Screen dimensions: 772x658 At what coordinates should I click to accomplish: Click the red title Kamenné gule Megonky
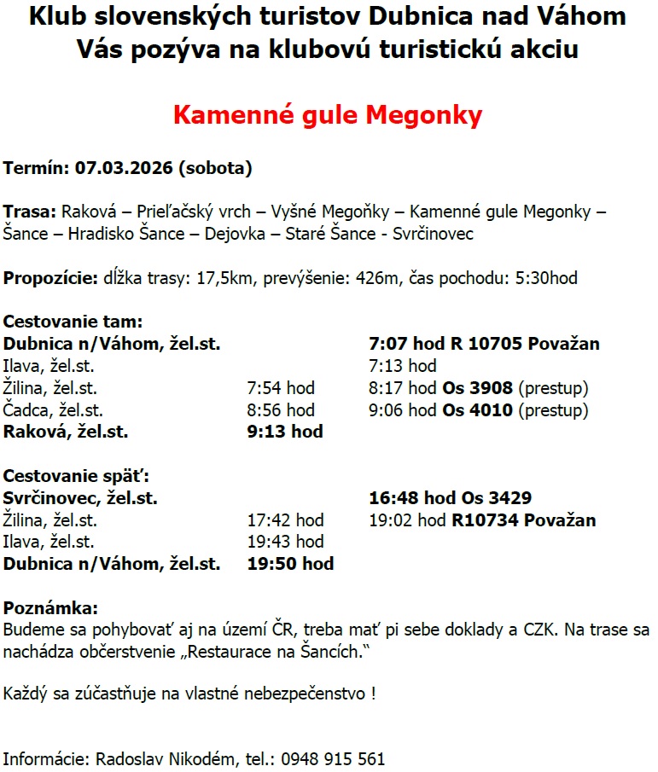click(328, 115)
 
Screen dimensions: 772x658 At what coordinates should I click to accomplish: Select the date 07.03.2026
click(124, 168)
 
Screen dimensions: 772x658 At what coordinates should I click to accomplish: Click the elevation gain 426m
click(384, 278)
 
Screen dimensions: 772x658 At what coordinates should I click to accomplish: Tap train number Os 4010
click(477, 410)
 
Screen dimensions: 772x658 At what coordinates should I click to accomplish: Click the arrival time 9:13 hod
click(284, 432)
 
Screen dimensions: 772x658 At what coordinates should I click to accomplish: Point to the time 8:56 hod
click(281, 410)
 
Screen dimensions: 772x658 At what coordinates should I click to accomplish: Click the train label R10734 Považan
click(524, 520)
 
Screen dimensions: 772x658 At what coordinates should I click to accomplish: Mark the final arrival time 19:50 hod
click(290, 564)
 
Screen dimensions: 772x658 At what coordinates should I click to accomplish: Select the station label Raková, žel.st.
click(66, 432)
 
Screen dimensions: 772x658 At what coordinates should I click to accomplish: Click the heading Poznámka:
click(51, 608)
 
